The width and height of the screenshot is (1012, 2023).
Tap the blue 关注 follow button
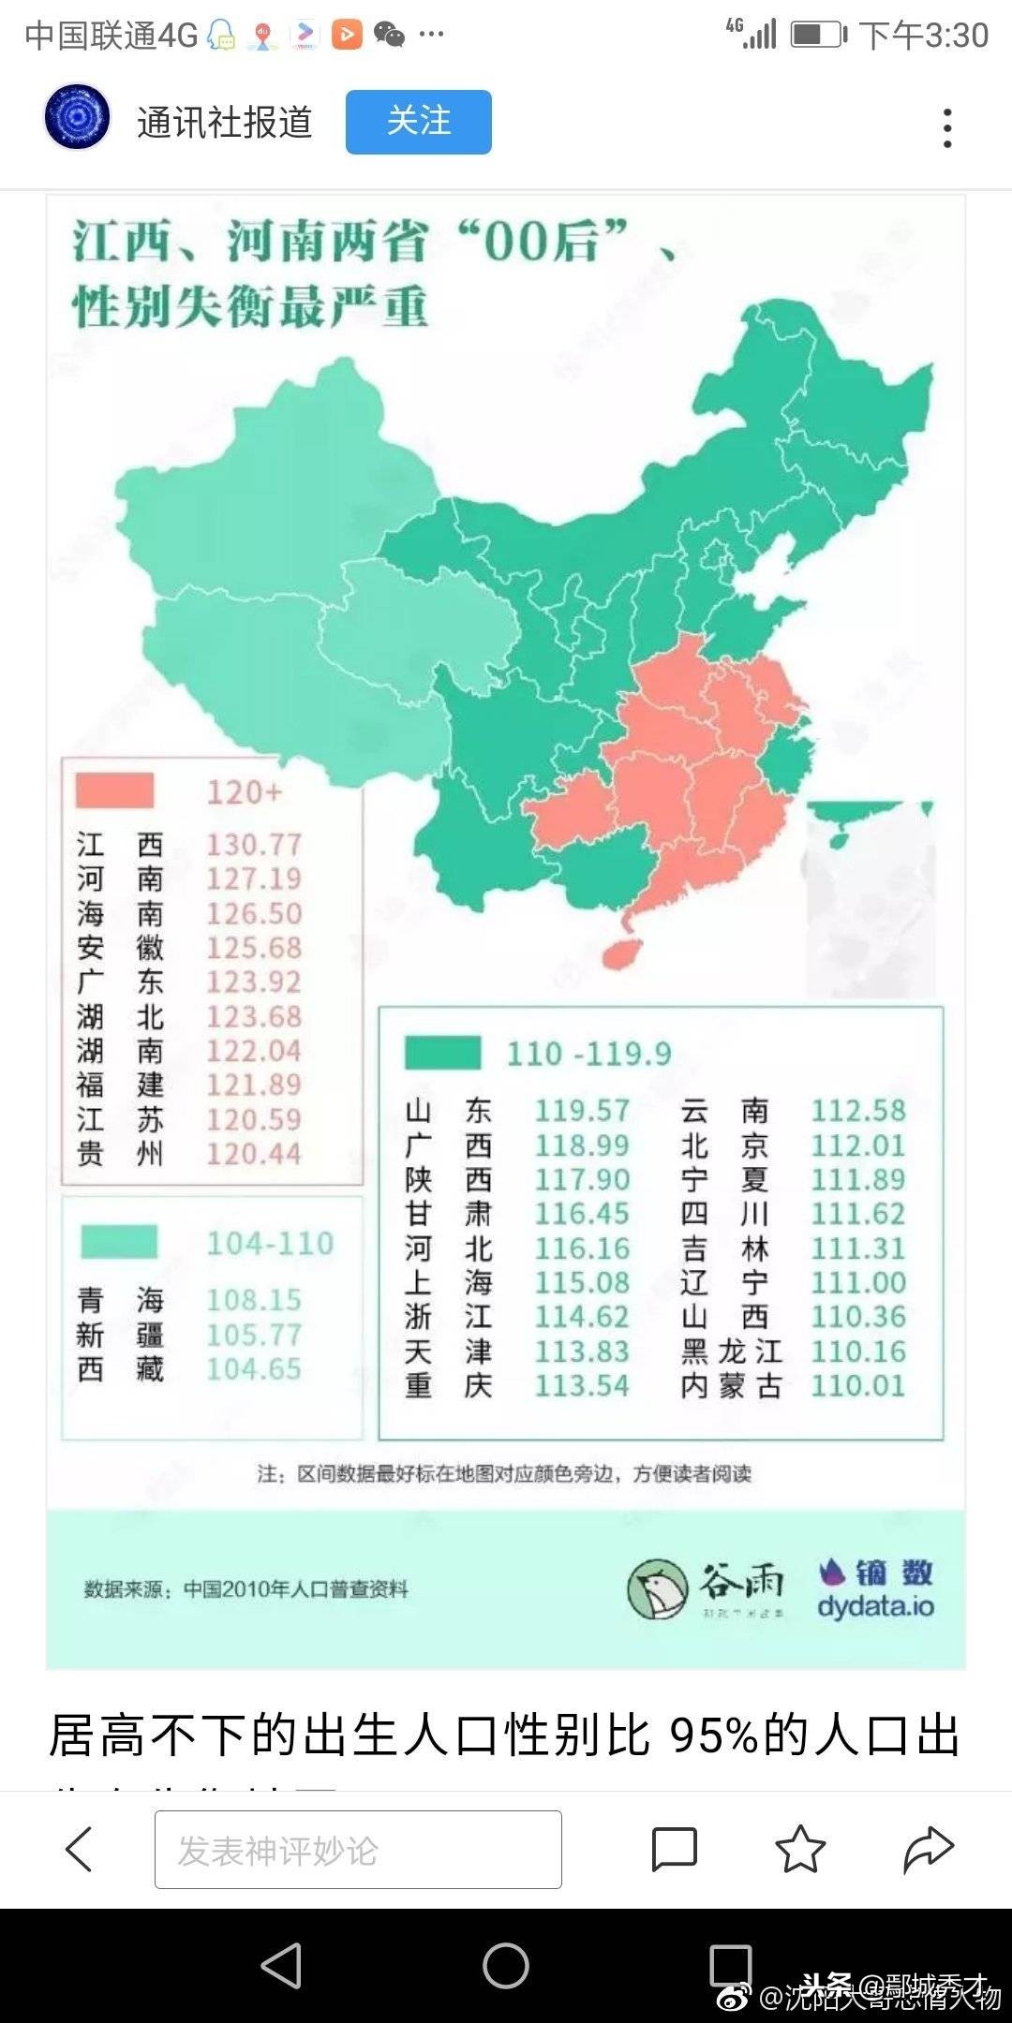click(418, 122)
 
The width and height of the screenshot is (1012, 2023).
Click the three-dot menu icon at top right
click(947, 127)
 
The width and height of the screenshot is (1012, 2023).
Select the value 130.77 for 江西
click(254, 845)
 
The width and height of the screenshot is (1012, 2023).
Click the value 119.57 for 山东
click(582, 1111)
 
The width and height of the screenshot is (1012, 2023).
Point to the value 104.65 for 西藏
click(254, 1369)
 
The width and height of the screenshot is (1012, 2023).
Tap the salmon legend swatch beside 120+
click(114, 791)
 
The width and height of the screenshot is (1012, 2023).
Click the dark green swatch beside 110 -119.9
click(442, 1053)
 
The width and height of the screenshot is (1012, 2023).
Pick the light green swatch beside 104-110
click(119, 1242)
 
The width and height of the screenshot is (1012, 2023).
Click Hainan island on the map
click(620, 953)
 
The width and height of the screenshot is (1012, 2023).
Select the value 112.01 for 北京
click(858, 1145)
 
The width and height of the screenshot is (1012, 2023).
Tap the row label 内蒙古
click(731, 1386)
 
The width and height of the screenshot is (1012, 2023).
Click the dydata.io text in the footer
click(875, 1606)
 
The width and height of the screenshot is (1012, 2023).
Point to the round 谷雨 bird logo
click(658, 1588)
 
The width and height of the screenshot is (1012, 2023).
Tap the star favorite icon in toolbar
click(800, 1850)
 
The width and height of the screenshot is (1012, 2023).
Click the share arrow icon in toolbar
click(928, 1850)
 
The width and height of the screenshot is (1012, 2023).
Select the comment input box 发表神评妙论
click(358, 1850)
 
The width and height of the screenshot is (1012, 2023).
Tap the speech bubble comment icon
click(674, 1850)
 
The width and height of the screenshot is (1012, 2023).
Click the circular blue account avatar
click(78, 118)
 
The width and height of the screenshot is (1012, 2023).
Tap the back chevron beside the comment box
click(79, 1850)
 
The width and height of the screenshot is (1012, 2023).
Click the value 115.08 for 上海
click(582, 1283)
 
